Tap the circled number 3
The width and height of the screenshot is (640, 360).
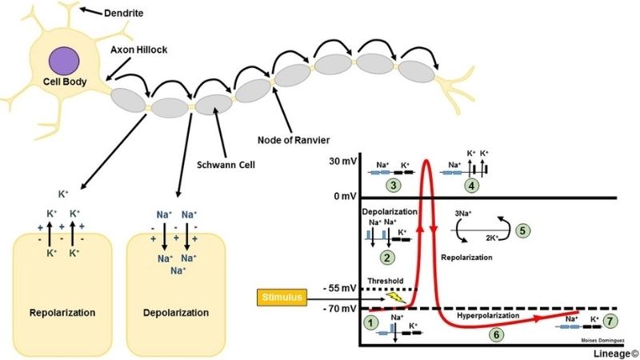point(392,186)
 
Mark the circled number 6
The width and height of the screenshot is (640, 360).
point(497,334)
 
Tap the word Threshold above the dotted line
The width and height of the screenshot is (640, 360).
point(385,281)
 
